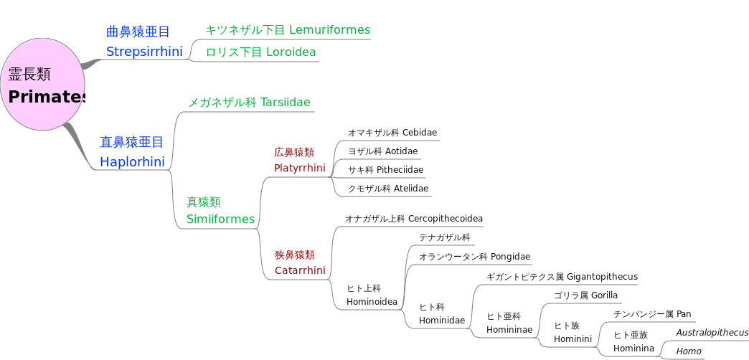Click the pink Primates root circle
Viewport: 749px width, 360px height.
coord(43,85)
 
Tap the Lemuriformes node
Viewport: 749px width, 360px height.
coord(287,30)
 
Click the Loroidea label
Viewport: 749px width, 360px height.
coord(260,52)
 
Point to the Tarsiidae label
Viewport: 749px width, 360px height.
coord(249,103)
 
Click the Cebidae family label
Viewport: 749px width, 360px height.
coord(392,133)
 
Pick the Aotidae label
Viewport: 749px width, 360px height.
coord(382,151)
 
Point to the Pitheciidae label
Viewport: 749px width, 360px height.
coord(385,170)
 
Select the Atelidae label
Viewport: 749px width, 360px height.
coord(388,189)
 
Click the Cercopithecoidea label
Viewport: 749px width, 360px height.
coord(414,219)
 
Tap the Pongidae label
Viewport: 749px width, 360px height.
coord(474,257)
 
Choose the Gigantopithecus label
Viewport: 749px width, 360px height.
coord(562,277)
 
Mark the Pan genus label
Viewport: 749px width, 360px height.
coord(652,314)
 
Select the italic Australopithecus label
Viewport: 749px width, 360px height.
coord(712,333)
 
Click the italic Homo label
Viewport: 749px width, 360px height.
coord(689,351)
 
